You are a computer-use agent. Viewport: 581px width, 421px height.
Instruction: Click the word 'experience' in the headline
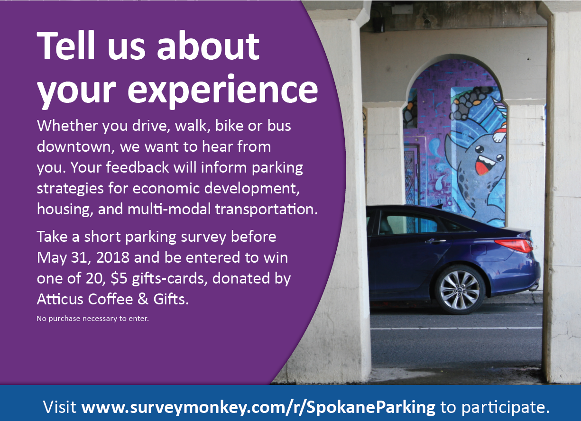[222, 90]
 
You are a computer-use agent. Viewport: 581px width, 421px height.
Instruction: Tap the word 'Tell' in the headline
[66, 46]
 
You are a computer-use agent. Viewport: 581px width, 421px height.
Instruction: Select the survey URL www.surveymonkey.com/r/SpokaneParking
[258, 406]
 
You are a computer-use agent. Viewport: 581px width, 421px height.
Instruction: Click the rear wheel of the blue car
[460, 290]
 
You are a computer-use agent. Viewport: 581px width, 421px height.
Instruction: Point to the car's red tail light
[514, 246]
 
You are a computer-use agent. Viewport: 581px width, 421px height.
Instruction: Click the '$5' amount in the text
[119, 279]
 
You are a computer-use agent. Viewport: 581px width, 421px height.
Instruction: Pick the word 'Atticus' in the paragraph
[60, 299]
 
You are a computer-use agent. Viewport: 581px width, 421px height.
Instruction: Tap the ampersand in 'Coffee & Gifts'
[143, 299]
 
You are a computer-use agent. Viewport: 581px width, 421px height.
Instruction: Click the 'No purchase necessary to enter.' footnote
[93, 318]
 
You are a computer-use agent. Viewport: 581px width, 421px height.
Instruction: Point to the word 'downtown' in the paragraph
[75, 146]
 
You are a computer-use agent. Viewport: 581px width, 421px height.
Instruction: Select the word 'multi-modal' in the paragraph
[169, 210]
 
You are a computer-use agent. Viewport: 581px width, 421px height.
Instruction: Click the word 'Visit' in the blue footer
[59, 406]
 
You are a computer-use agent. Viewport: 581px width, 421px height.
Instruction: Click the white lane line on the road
[456, 329]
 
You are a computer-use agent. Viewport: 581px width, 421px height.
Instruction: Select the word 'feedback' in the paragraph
[138, 167]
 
